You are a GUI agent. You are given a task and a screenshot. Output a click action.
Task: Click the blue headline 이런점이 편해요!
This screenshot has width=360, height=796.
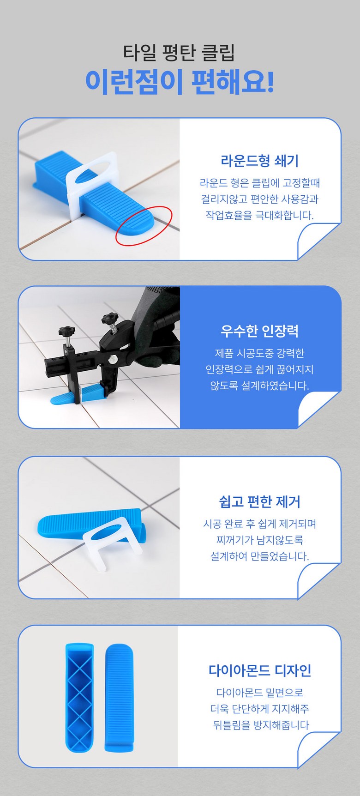[180, 82]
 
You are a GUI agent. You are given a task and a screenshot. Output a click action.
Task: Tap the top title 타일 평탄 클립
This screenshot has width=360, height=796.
[179, 52]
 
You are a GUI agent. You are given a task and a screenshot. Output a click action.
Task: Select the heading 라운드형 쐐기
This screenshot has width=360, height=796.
[260, 161]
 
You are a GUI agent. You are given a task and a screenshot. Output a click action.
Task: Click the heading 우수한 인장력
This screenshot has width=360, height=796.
[260, 331]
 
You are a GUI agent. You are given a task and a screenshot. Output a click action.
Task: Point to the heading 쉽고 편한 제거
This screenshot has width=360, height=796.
[260, 501]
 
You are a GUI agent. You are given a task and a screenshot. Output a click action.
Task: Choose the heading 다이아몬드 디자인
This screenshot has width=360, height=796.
[260, 670]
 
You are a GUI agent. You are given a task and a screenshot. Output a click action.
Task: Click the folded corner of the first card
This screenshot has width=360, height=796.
[318, 240]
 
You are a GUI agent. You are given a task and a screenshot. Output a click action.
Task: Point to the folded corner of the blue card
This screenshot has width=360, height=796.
[318, 409]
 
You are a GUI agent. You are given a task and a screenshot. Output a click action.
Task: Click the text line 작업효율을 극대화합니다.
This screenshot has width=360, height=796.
[260, 215]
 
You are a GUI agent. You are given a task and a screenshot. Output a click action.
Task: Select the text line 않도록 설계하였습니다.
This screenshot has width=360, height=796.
[260, 385]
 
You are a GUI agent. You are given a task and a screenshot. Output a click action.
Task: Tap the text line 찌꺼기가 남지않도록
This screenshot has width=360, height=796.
[260, 540]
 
